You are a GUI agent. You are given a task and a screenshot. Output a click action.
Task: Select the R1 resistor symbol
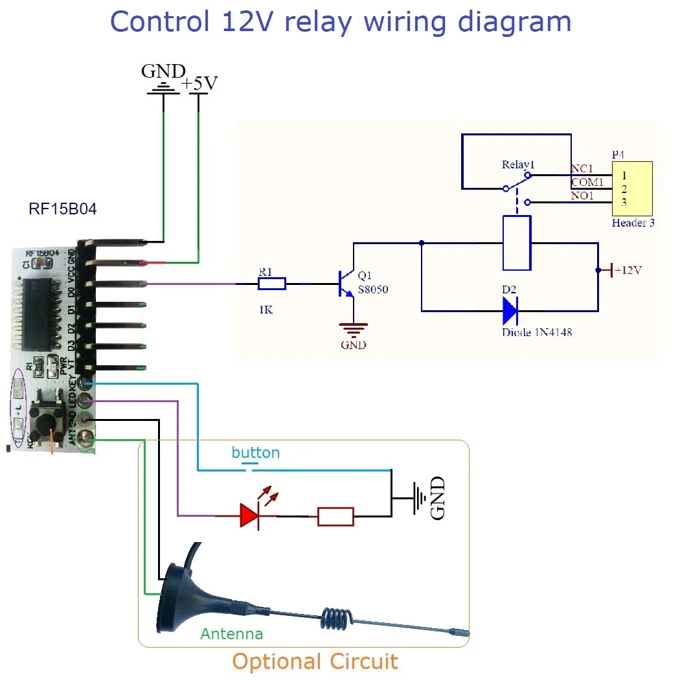271,283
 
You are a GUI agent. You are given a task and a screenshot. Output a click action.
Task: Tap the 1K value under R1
266,310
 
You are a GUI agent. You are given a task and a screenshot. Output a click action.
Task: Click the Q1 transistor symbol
345,283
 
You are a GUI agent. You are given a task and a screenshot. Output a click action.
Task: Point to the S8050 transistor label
373,289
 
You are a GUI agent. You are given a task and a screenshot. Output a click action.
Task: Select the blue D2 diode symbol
510,312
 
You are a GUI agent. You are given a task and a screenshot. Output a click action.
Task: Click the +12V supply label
628,270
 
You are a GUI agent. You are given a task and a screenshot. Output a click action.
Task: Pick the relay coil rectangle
517,243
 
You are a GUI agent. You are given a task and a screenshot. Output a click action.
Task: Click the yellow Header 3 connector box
632,188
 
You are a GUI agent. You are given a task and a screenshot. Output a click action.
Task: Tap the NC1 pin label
582,169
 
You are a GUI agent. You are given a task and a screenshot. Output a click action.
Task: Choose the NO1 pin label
582,196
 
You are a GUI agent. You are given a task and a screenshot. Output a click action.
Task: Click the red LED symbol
251,516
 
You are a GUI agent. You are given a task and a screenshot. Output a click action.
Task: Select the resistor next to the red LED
335,516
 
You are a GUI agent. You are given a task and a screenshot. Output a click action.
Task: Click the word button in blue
256,453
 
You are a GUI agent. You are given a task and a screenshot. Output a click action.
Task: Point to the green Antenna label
232,633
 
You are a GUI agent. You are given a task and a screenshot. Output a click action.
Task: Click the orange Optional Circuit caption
315,661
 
